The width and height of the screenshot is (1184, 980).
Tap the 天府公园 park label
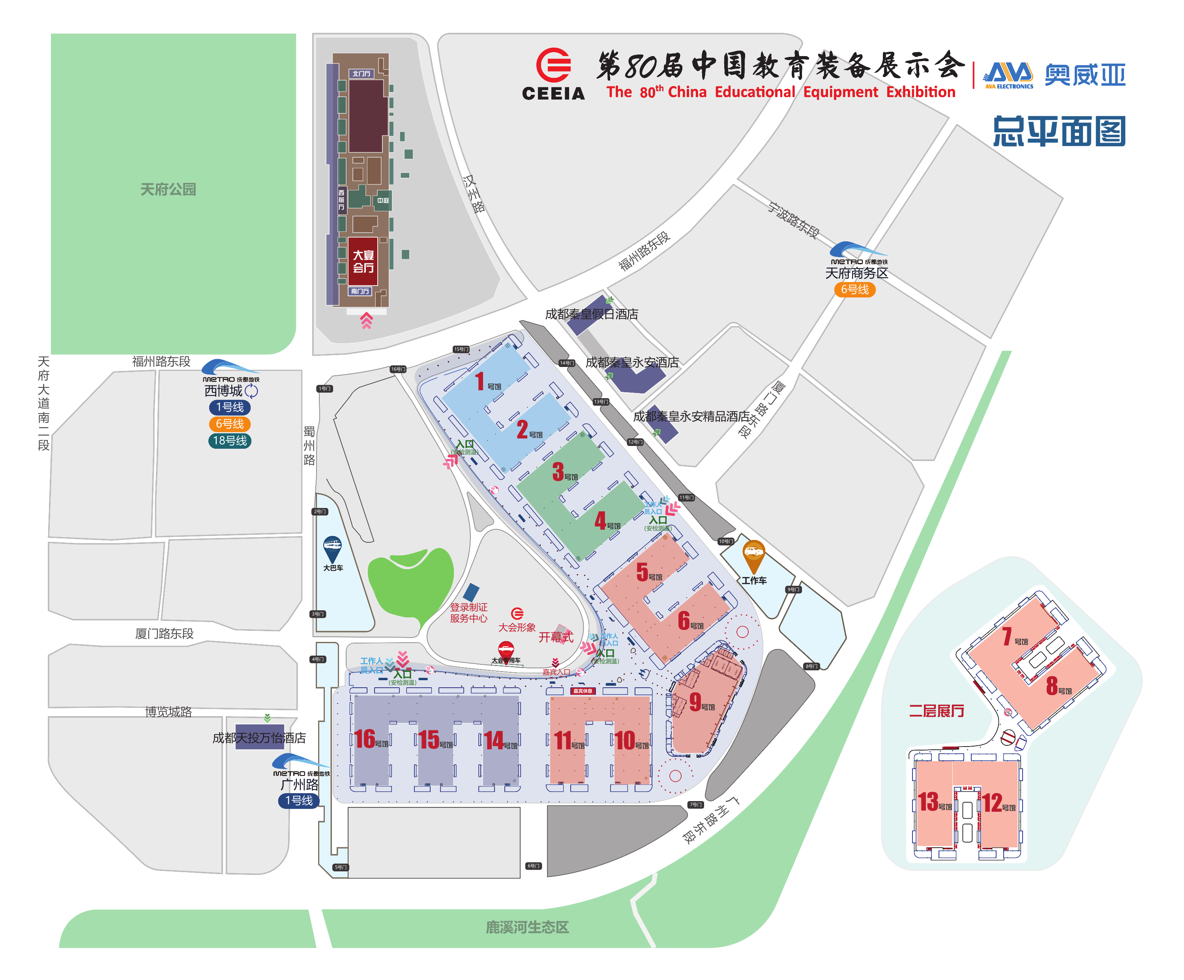tap(168, 190)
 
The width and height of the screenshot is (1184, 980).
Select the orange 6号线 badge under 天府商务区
tap(855, 290)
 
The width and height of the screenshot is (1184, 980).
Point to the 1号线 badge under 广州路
tap(299, 801)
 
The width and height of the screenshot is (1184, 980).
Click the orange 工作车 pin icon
tap(754, 555)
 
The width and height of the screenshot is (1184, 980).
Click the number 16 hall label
tap(365, 739)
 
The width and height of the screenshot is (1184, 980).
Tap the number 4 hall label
tap(600, 521)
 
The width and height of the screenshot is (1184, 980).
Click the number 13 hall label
tap(928, 802)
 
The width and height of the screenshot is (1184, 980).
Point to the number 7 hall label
tap(1007, 636)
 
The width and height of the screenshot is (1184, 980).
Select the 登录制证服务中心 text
tap(468, 613)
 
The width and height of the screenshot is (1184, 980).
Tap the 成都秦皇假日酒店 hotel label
tap(592, 314)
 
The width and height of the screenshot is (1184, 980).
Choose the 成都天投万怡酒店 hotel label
tap(259, 738)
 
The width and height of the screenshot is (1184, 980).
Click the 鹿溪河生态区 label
tap(527, 927)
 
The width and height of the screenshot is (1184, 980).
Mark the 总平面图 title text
tap(1059, 132)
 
